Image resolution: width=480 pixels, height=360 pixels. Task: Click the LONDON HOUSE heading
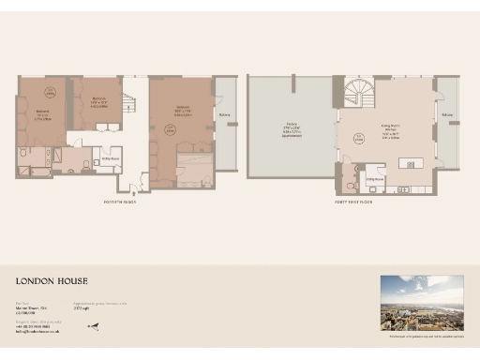52,280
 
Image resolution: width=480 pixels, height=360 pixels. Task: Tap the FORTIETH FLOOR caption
120,202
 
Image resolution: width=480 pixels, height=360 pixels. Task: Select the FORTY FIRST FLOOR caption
354,202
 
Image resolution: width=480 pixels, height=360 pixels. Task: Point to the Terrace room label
291,127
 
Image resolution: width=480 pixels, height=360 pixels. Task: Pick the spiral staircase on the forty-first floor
358,91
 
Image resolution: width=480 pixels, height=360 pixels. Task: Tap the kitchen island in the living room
410,163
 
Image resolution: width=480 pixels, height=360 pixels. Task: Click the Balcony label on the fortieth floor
225,116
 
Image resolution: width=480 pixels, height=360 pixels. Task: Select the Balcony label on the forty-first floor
446,117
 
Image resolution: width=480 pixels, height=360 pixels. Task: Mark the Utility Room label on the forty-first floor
372,178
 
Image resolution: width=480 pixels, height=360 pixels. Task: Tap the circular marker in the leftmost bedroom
50,92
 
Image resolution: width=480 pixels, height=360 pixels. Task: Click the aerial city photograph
421,302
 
